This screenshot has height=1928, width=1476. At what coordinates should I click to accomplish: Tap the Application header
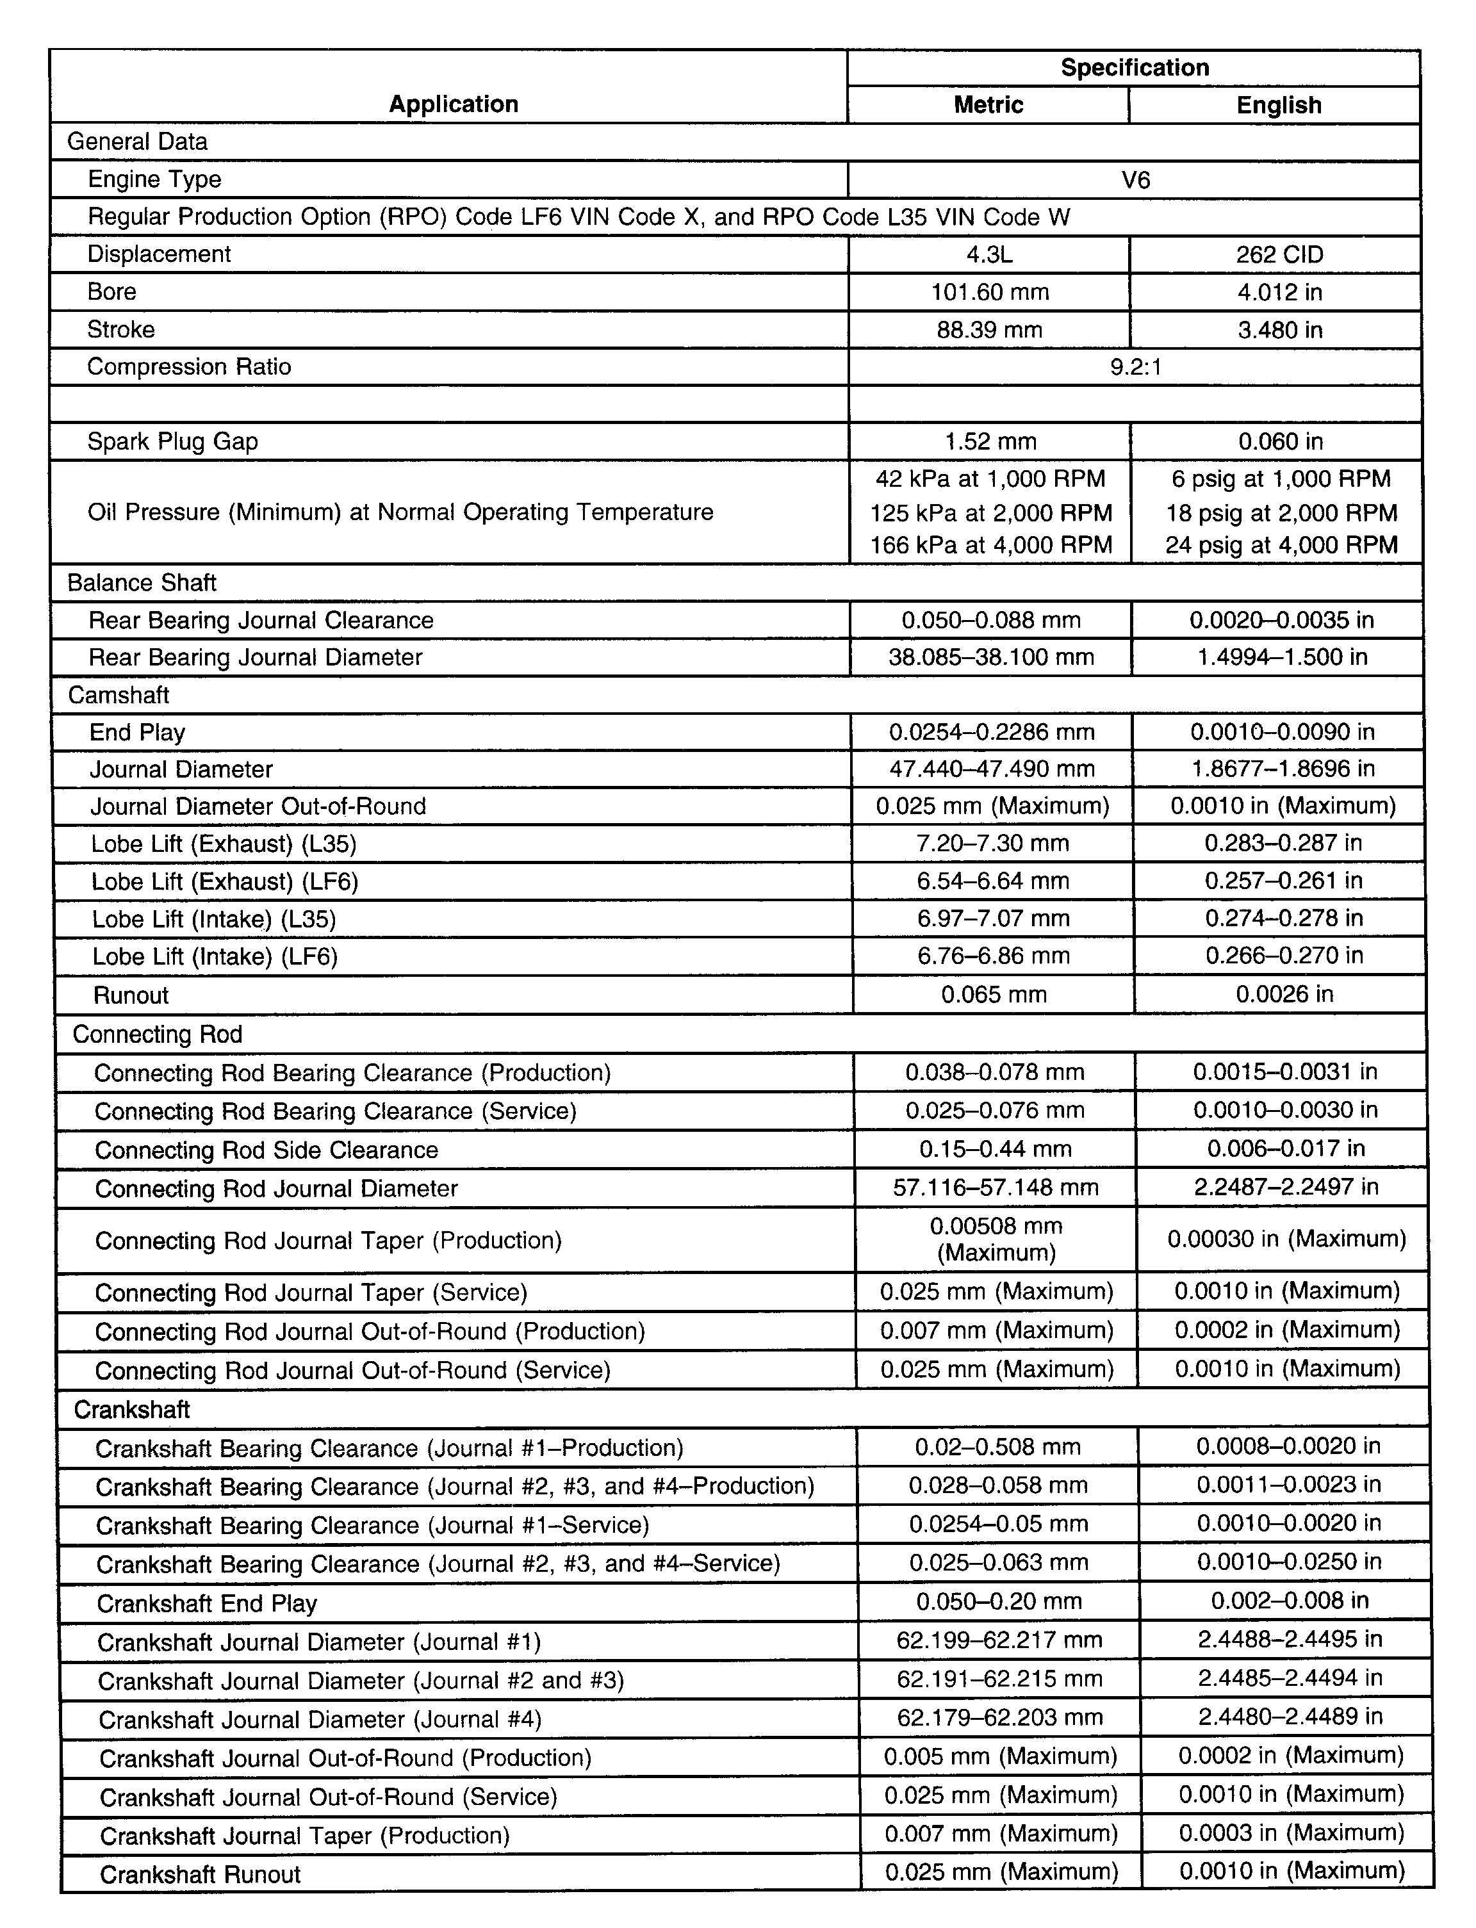454,104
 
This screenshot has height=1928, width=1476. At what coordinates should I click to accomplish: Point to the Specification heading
1135,68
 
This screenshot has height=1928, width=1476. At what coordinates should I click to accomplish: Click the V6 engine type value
1135,180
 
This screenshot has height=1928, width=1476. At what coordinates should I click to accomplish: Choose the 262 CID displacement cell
1278,255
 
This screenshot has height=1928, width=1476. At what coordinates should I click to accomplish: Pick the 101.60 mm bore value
989,291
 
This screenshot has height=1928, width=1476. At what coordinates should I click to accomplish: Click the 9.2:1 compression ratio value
1135,367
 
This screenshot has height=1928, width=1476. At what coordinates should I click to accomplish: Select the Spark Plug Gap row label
172,441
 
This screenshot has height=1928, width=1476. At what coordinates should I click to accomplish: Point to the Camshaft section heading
119,695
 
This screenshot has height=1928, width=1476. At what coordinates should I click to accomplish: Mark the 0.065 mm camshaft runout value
994,994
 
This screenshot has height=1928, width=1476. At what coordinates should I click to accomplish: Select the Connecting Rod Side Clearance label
266,1150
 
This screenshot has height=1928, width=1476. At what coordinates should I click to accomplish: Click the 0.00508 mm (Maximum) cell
996,1239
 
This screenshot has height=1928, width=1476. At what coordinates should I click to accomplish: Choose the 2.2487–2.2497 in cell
1285,1187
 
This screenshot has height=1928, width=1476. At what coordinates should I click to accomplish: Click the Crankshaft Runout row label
201,1874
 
